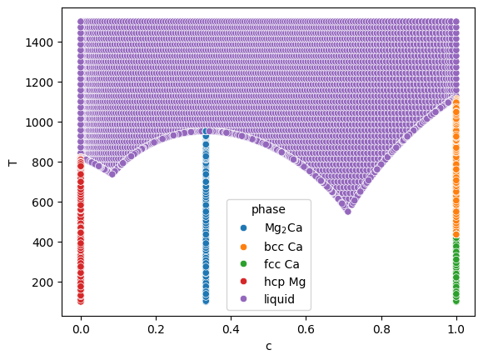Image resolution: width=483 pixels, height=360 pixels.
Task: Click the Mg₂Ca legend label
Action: (x=283, y=228)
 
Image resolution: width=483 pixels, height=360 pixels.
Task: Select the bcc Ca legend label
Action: (x=283, y=247)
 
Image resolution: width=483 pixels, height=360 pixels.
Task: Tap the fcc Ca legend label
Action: (x=281, y=264)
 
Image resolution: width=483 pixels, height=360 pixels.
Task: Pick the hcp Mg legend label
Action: (x=285, y=282)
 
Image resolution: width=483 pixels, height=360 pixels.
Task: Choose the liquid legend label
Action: (x=279, y=299)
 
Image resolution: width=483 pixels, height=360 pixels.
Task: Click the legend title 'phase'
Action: (x=268, y=210)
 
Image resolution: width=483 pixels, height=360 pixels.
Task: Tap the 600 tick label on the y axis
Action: (x=42, y=202)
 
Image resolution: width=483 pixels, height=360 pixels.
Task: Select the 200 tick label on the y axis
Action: (x=42, y=282)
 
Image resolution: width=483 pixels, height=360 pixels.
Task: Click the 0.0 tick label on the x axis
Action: (x=81, y=329)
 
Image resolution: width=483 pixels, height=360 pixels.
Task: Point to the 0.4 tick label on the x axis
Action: (x=231, y=329)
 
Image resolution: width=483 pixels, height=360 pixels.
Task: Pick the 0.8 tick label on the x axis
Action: (x=381, y=329)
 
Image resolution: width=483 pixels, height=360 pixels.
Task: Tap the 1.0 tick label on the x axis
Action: (x=456, y=329)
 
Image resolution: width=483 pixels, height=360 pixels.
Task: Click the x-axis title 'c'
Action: (x=269, y=347)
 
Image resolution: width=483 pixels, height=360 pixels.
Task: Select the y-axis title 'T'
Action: (x=12, y=162)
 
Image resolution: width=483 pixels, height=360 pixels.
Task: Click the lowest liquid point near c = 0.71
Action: (x=348, y=212)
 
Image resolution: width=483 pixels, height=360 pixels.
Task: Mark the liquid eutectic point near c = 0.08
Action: (x=112, y=174)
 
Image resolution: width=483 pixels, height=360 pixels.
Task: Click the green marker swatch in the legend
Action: (x=243, y=264)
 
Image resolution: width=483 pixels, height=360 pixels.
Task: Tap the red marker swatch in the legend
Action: (x=243, y=282)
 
